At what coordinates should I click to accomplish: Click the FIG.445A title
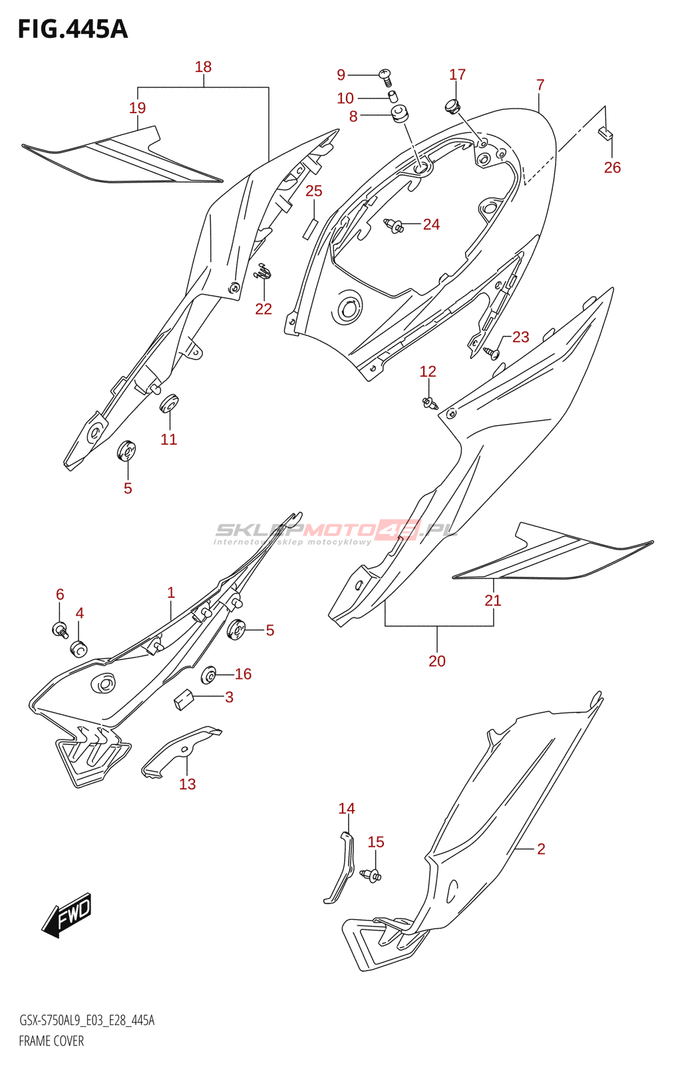73,29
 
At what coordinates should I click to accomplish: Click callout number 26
612,168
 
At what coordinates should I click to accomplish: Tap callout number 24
431,224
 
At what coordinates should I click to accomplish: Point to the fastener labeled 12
429,401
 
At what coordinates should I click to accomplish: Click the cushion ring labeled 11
169,403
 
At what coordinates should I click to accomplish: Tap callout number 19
137,108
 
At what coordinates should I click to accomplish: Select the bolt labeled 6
61,628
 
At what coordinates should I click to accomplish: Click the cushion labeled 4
79,648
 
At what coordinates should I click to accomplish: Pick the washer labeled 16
209,676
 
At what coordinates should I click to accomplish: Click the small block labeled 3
183,700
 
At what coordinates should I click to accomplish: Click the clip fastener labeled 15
371,875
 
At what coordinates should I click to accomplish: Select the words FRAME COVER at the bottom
51,1041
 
